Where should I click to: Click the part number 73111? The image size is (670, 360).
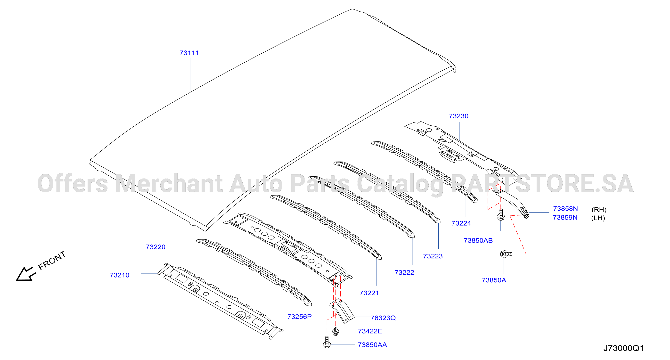(x=189, y=53)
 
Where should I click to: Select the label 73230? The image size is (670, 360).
(x=458, y=116)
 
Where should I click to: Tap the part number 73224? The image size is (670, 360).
(x=461, y=223)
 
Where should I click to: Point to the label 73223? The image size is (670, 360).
(x=433, y=256)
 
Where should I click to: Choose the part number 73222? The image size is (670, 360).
(x=404, y=272)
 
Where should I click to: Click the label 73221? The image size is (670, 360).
(x=369, y=293)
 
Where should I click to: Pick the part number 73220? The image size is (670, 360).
(x=155, y=247)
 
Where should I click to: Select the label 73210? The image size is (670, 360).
(x=119, y=275)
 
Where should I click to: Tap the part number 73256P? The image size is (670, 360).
(x=299, y=317)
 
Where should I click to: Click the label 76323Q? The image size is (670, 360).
(x=383, y=318)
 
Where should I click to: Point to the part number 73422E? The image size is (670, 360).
(x=370, y=331)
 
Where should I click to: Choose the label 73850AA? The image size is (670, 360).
(x=372, y=345)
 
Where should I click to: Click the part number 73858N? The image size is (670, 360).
(x=565, y=209)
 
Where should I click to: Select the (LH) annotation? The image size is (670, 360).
(x=598, y=218)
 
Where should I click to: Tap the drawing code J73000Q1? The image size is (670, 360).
(x=623, y=348)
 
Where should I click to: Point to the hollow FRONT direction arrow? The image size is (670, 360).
(x=25, y=274)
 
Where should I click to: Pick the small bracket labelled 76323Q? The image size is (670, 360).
(x=342, y=311)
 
